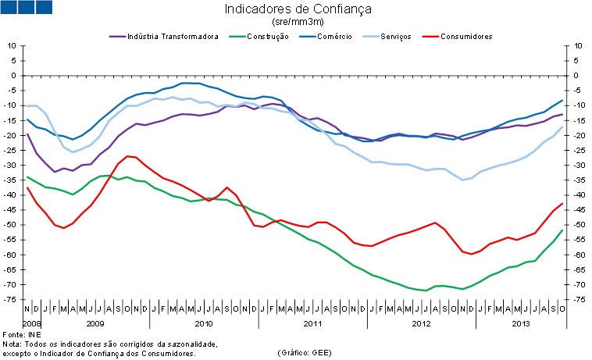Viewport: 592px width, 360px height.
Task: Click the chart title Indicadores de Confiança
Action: [298, 10]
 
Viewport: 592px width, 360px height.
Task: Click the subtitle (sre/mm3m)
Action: [298, 23]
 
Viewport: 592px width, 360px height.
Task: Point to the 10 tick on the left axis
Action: [12, 46]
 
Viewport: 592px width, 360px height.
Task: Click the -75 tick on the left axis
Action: [11, 300]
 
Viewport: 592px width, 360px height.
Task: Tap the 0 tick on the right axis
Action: [576, 76]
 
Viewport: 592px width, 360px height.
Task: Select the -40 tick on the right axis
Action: [578, 195]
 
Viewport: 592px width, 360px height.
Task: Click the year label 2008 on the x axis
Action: [32, 323]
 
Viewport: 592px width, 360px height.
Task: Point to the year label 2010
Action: [204, 323]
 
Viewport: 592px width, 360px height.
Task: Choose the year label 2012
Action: [420, 323]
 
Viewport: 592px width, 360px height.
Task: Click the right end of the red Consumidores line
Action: [562, 204]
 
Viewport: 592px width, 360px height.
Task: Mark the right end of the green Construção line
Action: [562, 230]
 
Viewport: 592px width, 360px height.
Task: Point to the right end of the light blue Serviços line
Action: [562, 127]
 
